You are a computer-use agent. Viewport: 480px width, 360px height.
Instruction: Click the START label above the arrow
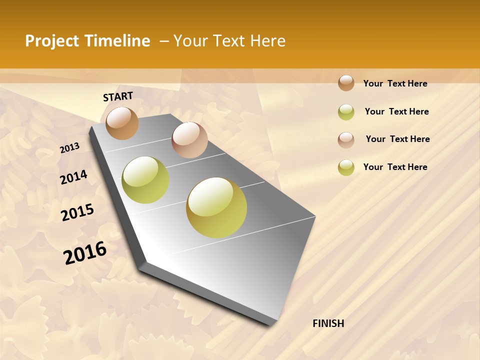118,96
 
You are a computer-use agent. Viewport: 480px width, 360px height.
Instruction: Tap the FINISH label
328,323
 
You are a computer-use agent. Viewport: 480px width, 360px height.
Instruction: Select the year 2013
69,148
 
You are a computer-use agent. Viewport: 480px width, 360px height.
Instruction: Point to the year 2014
73,177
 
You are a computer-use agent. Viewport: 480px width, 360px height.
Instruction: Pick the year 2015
77,212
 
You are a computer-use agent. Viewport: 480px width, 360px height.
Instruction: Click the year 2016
85,252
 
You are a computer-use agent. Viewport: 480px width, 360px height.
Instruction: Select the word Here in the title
267,41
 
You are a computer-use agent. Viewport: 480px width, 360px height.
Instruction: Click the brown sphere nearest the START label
122,123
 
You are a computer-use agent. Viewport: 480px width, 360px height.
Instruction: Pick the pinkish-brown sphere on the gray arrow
189,140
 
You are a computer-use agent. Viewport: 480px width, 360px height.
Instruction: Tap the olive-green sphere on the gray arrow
145,180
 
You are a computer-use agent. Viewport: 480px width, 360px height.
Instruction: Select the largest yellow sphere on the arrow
216,207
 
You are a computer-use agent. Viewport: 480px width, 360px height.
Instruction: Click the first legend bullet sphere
346,83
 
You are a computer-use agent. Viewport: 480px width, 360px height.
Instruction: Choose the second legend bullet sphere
346,112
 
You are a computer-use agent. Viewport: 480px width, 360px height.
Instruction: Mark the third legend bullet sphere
346,139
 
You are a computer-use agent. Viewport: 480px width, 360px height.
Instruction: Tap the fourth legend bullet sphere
346,167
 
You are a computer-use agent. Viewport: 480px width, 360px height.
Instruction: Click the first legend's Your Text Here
395,83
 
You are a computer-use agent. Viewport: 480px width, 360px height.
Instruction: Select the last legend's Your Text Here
395,167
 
